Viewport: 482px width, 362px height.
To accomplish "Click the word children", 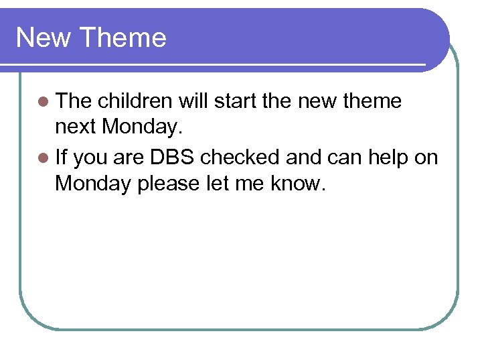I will click(x=135, y=101).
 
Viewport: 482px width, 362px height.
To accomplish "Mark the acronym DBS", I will click(x=172, y=158).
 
